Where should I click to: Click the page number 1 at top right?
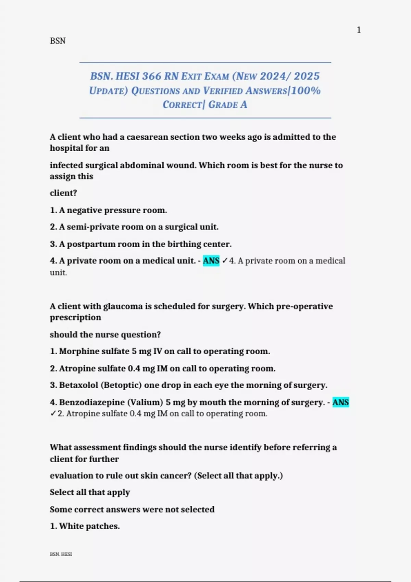click(x=359, y=30)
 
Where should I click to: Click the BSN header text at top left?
click(x=58, y=41)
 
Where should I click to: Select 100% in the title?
click(x=306, y=91)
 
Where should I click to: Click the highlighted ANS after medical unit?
click(x=211, y=261)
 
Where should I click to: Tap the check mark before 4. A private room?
click(x=225, y=261)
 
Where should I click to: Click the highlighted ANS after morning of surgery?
click(x=340, y=402)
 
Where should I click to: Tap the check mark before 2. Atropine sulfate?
click(x=53, y=414)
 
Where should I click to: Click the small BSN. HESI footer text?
click(x=61, y=554)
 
